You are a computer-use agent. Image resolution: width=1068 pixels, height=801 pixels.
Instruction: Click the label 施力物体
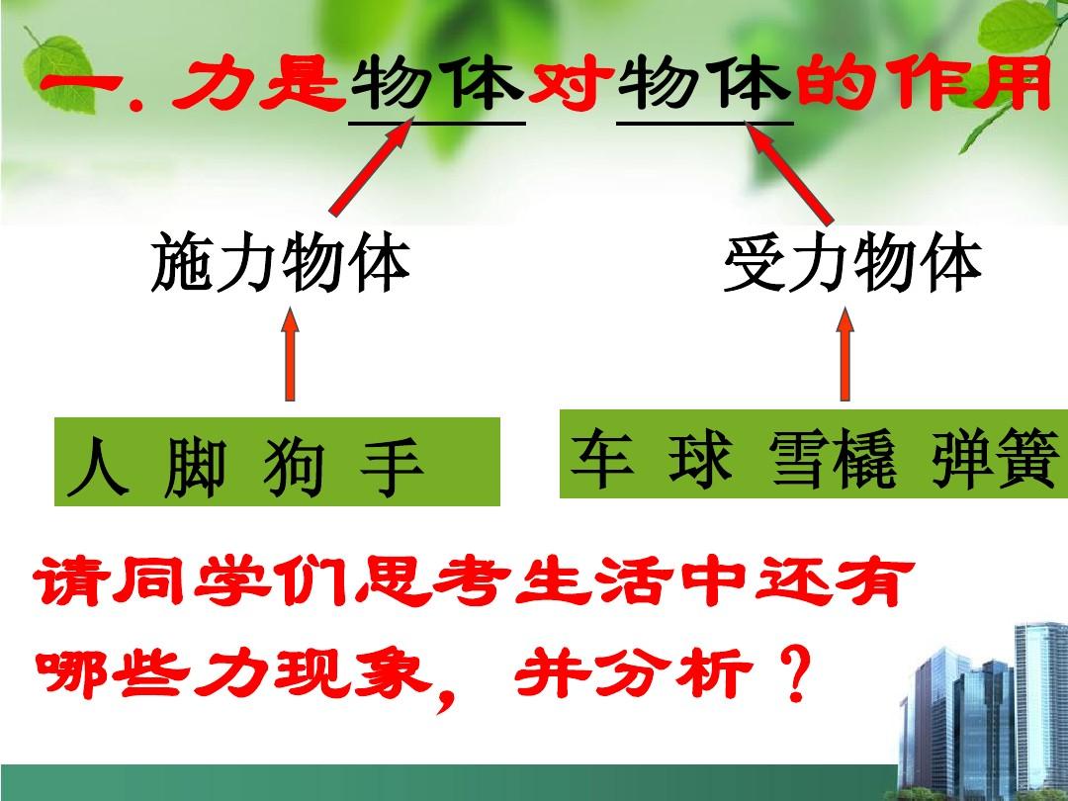(x=281, y=262)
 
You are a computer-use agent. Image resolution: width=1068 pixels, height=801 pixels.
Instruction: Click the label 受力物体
(x=852, y=264)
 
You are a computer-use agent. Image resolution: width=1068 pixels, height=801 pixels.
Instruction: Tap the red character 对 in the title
(x=571, y=84)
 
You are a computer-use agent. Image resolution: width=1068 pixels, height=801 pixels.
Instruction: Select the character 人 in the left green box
(x=98, y=467)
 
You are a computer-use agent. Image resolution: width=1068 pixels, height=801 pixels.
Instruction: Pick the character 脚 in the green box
(x=195, y=467)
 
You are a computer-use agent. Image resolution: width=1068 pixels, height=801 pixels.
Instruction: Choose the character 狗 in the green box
(x=294, y=467)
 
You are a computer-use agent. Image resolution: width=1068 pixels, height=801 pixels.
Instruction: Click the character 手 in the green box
(x=392, y=467)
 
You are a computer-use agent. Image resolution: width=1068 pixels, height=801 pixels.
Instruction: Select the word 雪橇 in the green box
(x=834, y=458)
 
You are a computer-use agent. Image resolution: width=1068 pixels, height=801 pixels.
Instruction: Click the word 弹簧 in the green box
(x=996, y=458)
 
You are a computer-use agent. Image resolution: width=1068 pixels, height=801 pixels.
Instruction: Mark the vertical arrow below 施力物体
(x=290, y=353)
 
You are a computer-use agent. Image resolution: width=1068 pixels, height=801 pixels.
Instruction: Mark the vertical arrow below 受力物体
(x=845, y=353)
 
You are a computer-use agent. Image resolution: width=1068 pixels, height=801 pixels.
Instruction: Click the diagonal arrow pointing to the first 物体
(x=371, y=166)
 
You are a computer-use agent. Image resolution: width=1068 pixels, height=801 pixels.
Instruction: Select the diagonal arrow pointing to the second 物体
(x=789, y=173)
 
